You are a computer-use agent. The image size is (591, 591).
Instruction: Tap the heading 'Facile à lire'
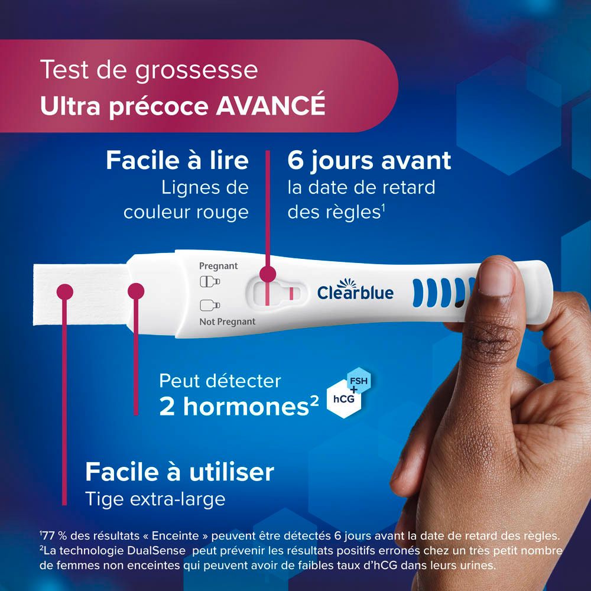coord(177,160)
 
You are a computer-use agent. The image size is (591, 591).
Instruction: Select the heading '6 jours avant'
coord(369,160)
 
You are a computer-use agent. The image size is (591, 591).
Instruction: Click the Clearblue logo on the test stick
coord(355,292)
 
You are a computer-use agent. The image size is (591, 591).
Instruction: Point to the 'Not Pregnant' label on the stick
coord(228,322)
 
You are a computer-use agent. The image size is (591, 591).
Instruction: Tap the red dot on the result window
coord(268,274)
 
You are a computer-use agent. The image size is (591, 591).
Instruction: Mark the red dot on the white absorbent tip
coord(63,290)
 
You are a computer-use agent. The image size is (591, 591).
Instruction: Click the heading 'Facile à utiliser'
coord(180,472)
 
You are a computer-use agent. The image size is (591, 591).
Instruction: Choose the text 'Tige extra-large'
coord(155,499)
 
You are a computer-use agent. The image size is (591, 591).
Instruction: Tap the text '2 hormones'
coord(234,408)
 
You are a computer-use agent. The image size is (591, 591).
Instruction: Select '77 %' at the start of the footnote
coord(53,536)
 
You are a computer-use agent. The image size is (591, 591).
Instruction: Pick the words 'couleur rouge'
coord(186,212)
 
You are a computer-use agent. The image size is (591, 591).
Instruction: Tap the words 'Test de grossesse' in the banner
coord(149,70)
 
